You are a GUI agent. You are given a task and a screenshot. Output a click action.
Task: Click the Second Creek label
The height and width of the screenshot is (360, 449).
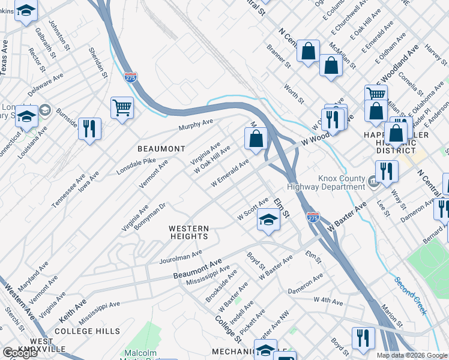411,295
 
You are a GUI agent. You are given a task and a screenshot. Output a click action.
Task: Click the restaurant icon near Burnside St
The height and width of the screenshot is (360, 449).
89,129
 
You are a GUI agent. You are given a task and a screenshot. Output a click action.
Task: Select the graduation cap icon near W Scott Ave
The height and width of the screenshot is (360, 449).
269,220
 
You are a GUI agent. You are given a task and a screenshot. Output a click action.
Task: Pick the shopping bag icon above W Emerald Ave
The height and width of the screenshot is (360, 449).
256,139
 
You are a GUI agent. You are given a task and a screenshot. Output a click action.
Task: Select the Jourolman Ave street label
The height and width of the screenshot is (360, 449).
181,257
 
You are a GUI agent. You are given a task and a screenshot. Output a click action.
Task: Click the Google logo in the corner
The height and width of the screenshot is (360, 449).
20,353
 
